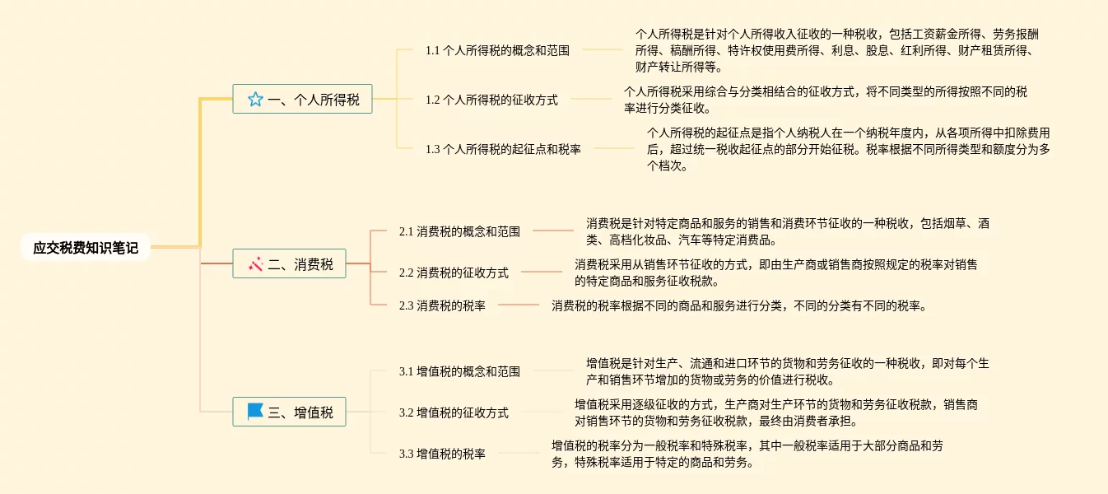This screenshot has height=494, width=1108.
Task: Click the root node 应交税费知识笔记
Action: coord(86,247)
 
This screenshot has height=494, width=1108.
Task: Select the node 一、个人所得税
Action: coord(302,100)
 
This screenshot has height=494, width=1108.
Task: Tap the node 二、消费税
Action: coord(289,263)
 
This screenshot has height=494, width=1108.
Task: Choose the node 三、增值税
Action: coord(289,412)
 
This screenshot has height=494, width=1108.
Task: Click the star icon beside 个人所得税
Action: coord(255,100)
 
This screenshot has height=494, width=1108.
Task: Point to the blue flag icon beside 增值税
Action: coord(255,412)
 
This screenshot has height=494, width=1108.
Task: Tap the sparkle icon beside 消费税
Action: coord(255,263)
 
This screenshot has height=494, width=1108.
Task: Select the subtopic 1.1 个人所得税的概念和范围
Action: coord(497,50)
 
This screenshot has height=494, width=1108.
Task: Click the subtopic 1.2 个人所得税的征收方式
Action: coord(491,100)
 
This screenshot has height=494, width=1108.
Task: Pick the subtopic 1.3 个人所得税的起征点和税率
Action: coord(503,149)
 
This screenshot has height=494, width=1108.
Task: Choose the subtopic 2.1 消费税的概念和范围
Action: coord(459,231)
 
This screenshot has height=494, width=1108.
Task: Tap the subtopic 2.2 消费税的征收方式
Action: coord(454,273)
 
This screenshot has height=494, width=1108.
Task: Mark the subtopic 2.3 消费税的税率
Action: coord(442,305)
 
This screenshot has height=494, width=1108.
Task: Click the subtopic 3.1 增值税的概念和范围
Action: coord(459,371)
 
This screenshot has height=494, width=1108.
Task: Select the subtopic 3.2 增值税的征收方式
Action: coord(454,412)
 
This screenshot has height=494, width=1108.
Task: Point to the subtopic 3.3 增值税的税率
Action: coord(442,454)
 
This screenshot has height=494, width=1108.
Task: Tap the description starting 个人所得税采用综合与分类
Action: coord(825,100)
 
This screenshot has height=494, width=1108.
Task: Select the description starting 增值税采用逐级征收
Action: coord(775,412)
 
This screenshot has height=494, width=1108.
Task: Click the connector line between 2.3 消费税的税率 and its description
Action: coord(519,305)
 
